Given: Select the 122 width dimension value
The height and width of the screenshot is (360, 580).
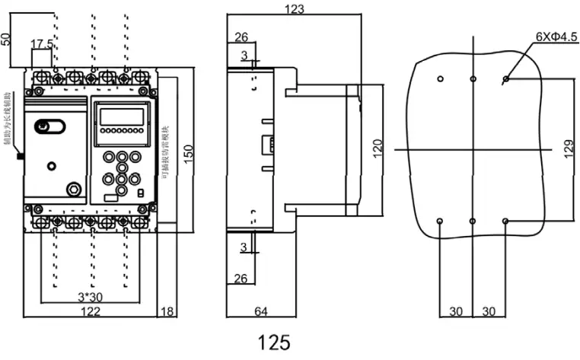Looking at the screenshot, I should [x=91, y=311].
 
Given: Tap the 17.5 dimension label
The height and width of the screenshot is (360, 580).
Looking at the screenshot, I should [x=42, y=44].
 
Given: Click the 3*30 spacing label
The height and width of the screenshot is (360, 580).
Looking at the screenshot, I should [x=91, y=296].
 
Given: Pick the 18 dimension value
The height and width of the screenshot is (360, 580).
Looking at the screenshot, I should [x=167, y=311].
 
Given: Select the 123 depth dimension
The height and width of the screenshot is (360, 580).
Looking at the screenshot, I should [x=293, y=9].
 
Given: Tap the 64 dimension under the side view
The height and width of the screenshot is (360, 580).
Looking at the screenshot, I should [x=260, y=311].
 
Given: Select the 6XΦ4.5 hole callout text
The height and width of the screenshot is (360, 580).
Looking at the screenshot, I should [x=556, y=36].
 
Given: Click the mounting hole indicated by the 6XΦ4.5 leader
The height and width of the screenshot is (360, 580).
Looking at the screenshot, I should [x=506, y=78].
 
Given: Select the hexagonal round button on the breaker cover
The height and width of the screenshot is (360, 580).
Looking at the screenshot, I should [x=74, y=188].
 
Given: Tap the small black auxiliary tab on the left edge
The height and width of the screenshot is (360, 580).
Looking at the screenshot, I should [x=21, y=157].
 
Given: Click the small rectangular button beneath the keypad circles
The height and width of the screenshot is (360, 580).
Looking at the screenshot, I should [x=111, y=197].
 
